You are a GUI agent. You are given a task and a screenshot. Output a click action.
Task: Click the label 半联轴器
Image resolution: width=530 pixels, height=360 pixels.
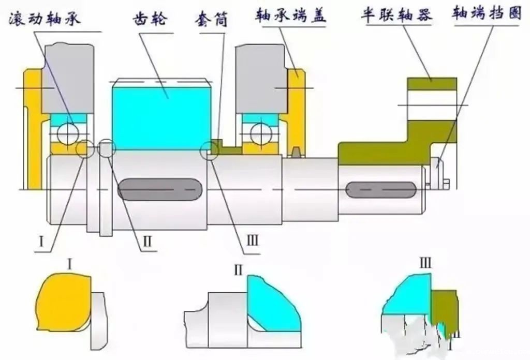pos(396,16)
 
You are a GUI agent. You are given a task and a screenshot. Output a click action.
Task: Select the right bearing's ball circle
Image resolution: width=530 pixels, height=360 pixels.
pos(260,133)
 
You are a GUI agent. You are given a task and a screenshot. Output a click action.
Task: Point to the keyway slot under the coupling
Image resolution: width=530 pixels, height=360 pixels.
pos(381,190)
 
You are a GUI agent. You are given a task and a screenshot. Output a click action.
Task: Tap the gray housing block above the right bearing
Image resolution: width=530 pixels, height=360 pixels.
pos(259,78)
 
